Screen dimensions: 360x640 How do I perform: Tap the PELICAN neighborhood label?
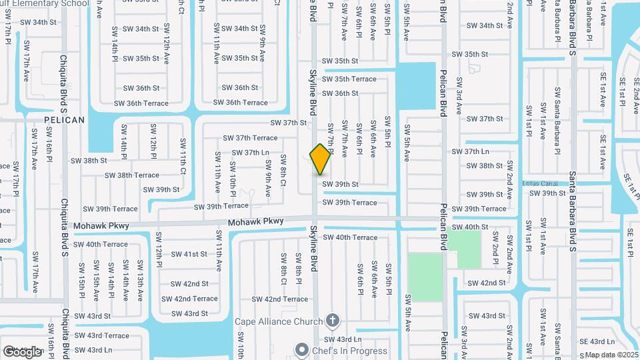tap(64, 120)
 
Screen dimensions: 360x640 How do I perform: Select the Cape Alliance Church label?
tap(279, 321)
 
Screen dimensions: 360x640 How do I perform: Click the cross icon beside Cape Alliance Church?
tap(333, 321)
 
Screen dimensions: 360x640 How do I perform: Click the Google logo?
tap(23, 351)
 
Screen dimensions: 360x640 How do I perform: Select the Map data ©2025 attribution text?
tap(611, 355)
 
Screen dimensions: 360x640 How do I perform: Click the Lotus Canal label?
tap(539, 183)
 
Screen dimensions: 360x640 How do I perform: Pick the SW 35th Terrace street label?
tap(349, 79)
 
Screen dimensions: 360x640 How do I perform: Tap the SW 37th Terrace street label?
tap(249, 138)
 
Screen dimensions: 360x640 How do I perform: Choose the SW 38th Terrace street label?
tap(131, 175)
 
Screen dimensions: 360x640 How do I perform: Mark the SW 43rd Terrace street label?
tap(101, 335)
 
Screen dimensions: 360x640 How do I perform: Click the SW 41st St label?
tap(189, 254)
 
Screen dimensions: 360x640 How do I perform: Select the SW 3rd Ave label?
tap(459, 93)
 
